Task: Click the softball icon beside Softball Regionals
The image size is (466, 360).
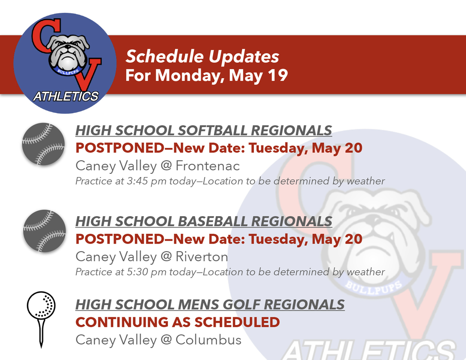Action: (44, 144)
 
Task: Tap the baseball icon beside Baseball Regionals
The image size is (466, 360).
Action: (44, 231)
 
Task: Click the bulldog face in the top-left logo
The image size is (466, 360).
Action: (68, 52)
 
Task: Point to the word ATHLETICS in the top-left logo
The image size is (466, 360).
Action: (66, 96)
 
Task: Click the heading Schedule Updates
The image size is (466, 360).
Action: (202, 57)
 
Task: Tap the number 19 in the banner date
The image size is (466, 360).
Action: (278, 75)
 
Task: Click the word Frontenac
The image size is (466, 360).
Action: (208, 166)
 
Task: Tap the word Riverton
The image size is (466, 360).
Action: (202, 257)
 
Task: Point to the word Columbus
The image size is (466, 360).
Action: (208, 340)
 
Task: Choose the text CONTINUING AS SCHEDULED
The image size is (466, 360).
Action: (177, 322)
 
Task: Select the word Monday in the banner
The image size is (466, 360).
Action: (190, 75)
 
